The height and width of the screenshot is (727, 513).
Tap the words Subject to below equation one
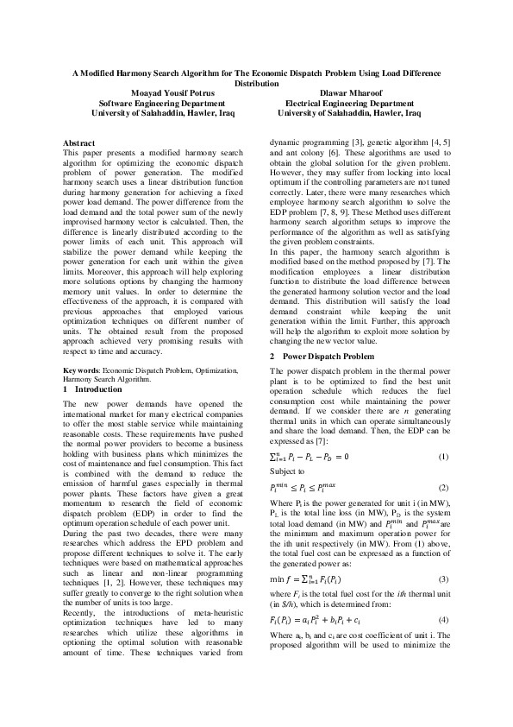point(286,471)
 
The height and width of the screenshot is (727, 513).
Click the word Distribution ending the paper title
point(256,84)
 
